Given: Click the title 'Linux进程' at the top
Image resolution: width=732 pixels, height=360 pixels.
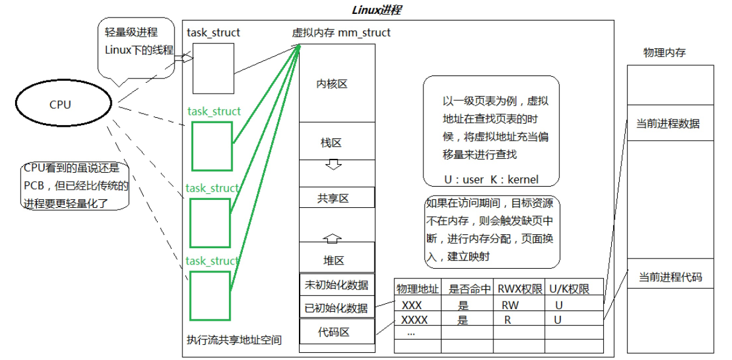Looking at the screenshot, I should coord(376,10).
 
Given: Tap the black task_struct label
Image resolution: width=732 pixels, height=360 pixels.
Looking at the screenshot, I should coord(213,32).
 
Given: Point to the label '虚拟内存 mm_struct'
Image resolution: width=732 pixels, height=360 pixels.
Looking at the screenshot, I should coord(341,32).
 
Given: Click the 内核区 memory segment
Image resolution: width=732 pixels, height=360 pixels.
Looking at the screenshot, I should coord(332,84).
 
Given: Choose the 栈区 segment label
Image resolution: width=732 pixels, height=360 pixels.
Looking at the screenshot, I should coord(331,143).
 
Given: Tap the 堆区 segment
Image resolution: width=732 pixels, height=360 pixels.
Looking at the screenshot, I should coord(333,260).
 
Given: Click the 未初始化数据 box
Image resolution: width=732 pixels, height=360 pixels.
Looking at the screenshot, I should coord(337,284).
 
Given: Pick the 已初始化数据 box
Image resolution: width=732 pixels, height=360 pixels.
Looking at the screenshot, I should coord(337,307).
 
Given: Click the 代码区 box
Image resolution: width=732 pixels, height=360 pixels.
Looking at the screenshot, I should coord(334,332).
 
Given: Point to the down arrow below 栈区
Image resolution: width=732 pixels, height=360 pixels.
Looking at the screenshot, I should coord(333,164).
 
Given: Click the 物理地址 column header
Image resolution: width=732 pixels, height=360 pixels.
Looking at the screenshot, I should coord(417,289).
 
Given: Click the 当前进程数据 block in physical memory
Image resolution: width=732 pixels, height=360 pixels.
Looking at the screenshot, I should coord(667,123).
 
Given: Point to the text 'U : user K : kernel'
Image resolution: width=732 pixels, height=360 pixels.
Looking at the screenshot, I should coord(490,179).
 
